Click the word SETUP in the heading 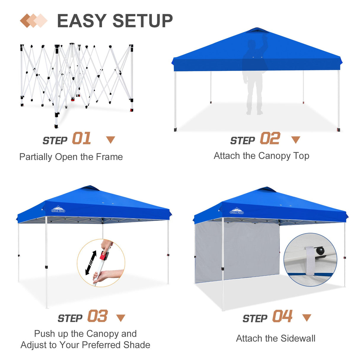point(143,21)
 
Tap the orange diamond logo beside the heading point(34,21)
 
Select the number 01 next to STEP point(82,138)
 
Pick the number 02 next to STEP point(270,138)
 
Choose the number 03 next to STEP point(98,316)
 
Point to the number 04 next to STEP point(283,316)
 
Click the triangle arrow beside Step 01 point(111,140)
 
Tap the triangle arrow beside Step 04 point(307,318)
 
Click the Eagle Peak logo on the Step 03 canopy point(58,209)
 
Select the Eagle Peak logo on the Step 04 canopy point(237,211)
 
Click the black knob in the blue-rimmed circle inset point(320,251)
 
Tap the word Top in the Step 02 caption point(301,156)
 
